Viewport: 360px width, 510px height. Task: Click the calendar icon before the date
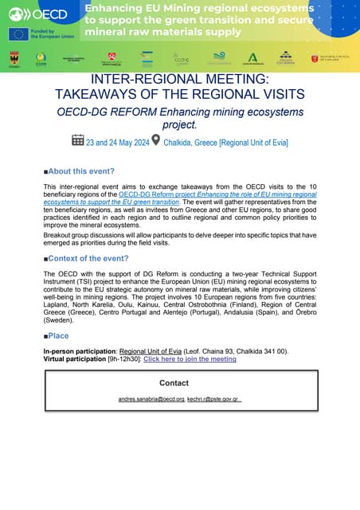78,140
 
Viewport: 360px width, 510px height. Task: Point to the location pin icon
156,140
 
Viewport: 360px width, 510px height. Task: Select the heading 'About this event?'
81,171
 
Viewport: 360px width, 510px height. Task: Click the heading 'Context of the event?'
88,259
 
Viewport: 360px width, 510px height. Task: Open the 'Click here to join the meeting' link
190,359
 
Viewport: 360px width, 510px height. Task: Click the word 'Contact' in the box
174,382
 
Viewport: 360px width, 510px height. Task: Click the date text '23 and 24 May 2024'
119,142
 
